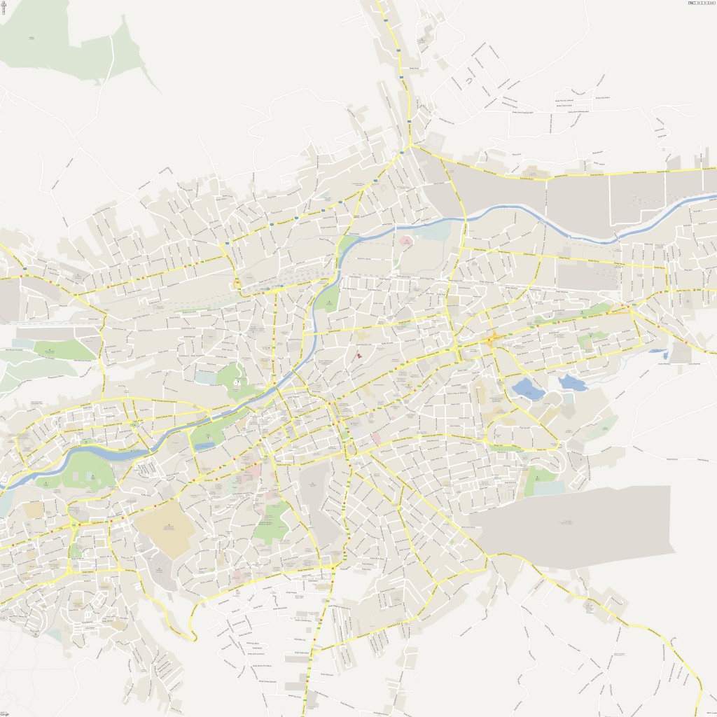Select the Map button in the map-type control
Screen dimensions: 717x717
[x=691, y=4]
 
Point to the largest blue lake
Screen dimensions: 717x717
[x=527, y=389]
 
